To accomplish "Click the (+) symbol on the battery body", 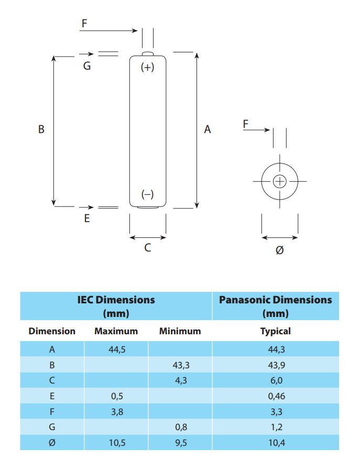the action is [148, 67].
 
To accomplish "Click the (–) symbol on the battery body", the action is [148, 194].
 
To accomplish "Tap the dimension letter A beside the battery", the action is [208, 129].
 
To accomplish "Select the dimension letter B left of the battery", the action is [41, 129].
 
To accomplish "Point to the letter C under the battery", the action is [148, 248].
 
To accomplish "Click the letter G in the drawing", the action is [87, 66].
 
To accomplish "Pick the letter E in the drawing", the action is [87, 218].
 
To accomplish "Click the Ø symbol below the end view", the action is [279, 250].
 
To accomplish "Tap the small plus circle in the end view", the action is [280, 181].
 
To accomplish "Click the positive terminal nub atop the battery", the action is [148, 54].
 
